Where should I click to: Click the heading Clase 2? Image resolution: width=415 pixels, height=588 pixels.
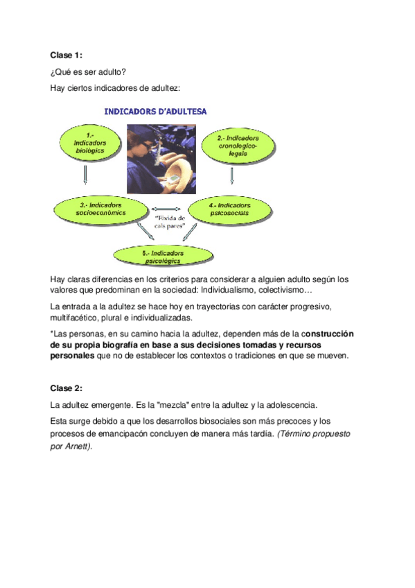point(66,388)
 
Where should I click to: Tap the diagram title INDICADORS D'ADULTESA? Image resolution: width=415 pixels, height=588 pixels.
point(154,110)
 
